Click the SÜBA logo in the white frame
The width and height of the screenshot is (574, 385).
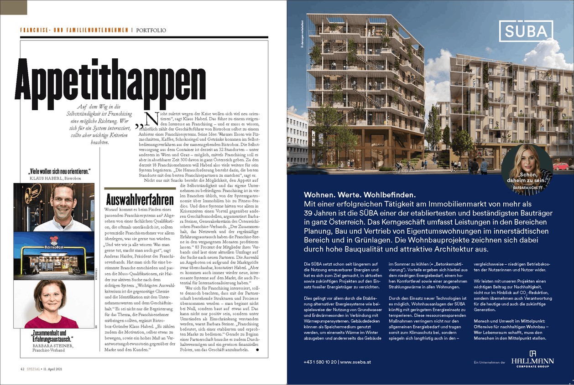coord(526,31)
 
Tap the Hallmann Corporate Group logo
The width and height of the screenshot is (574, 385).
coord(532,359)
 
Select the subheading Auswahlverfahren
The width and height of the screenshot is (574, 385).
coord(139,199)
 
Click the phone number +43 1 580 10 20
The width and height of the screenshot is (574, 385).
coord(320,362)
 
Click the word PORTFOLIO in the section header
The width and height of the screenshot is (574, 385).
coord(151,31)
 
